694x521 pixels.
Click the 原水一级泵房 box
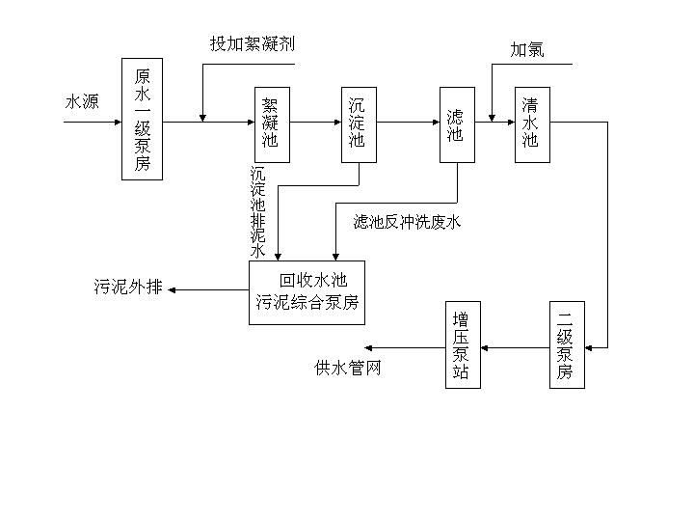click(142, 119)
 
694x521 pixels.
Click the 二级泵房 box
click(566, 345)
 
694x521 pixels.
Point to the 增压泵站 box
click(461, 345)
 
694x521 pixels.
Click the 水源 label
click(82, 102)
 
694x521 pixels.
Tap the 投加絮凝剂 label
click(253, 44)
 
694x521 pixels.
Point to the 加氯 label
click(527, 49)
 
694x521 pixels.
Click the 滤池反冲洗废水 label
click(407, 223)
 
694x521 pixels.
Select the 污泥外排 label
click(128, 287)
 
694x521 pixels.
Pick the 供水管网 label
click(348, 368)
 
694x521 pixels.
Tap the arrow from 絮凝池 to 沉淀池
click(314, 123)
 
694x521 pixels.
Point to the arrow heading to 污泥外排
click(207, 288)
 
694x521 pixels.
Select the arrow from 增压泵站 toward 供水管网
click(405, 346)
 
